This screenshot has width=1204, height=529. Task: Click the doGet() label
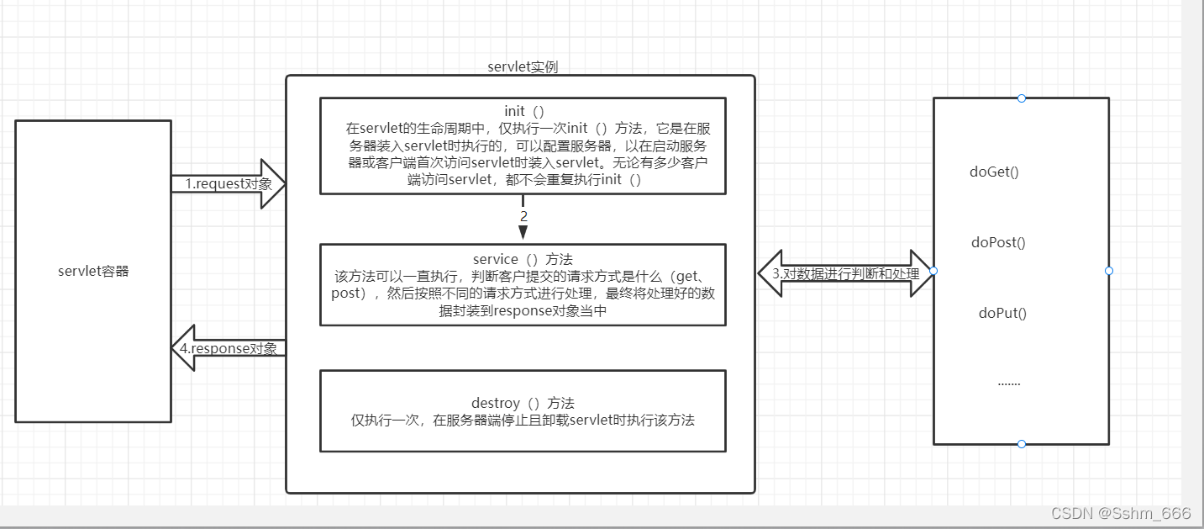[994, 172]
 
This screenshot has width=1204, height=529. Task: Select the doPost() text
[998, 243]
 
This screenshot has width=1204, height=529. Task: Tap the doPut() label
[1002, 314]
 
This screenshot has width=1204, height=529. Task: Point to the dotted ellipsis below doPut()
[1008, 383]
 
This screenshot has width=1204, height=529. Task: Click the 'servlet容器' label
[93, 271]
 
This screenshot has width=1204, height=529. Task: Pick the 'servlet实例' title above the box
[523, 66]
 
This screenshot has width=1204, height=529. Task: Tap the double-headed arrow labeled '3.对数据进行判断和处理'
[845, 273]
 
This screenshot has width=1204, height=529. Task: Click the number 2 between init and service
[523, 216]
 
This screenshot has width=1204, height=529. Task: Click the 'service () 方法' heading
[523, 259]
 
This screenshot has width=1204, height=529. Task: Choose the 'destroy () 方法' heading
[523, 403]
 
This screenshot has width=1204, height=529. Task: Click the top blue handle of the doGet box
[1022, 98]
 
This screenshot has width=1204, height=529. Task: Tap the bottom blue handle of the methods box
[1022, 444]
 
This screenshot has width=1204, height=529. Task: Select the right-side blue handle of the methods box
[1109, 271]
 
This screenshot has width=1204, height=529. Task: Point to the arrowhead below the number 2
[523, 232]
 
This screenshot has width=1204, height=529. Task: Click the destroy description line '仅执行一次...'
[523, 421]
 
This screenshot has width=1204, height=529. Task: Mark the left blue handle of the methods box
[933, 271]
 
